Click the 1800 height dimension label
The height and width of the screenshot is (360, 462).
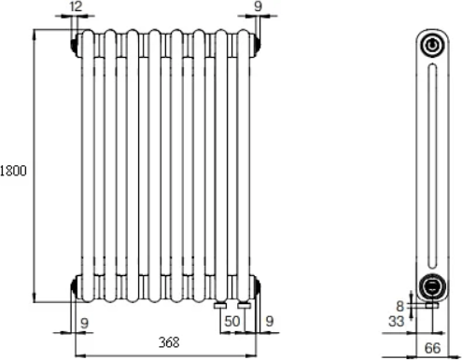pos(13,171)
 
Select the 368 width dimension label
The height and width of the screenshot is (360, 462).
pos(169,342)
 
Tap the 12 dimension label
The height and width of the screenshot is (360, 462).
pos(76,7)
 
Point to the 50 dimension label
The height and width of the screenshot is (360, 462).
pos(232,322)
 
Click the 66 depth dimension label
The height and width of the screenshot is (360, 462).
pos(432,348)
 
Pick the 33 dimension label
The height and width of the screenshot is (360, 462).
pos(396,321)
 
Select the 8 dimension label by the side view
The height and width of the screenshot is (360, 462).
pos(399,307)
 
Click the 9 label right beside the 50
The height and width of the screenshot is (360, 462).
pos(270,321)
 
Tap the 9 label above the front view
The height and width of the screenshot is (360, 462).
pos(258,7)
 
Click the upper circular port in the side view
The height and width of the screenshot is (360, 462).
pos(432,46)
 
